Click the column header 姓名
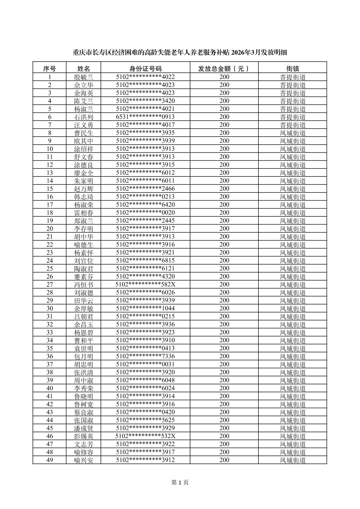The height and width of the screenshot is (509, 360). tap(83, 69)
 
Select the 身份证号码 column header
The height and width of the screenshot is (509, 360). tap(145, 69)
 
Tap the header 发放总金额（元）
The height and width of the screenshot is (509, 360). tap(224, 69)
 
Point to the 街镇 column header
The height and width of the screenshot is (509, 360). tap(293, 69)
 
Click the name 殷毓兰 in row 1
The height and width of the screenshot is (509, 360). tap(83, 77)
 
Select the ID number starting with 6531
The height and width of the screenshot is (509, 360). tap(145, 117)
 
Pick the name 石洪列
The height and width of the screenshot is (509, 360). tap(83, 117)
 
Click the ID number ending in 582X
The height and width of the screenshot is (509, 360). tap(145, 284)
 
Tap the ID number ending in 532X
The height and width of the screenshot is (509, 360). tap(145, 436)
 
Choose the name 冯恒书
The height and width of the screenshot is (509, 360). tap(83, 284)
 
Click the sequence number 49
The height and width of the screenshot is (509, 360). tap(50, 460)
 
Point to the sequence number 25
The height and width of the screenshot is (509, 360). tap(50, 268)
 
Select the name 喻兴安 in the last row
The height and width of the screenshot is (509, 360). tap(83, 460)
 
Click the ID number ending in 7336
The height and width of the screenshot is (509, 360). tap(145, 356)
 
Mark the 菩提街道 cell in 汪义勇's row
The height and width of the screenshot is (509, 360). tap(293, 125)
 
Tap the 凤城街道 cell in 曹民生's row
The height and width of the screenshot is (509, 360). tap(293, 133)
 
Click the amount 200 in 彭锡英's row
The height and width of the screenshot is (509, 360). tap(224, 436)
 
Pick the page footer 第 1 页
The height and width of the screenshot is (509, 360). tap(180, 482)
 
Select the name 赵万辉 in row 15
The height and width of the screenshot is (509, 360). tap(83, 189)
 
